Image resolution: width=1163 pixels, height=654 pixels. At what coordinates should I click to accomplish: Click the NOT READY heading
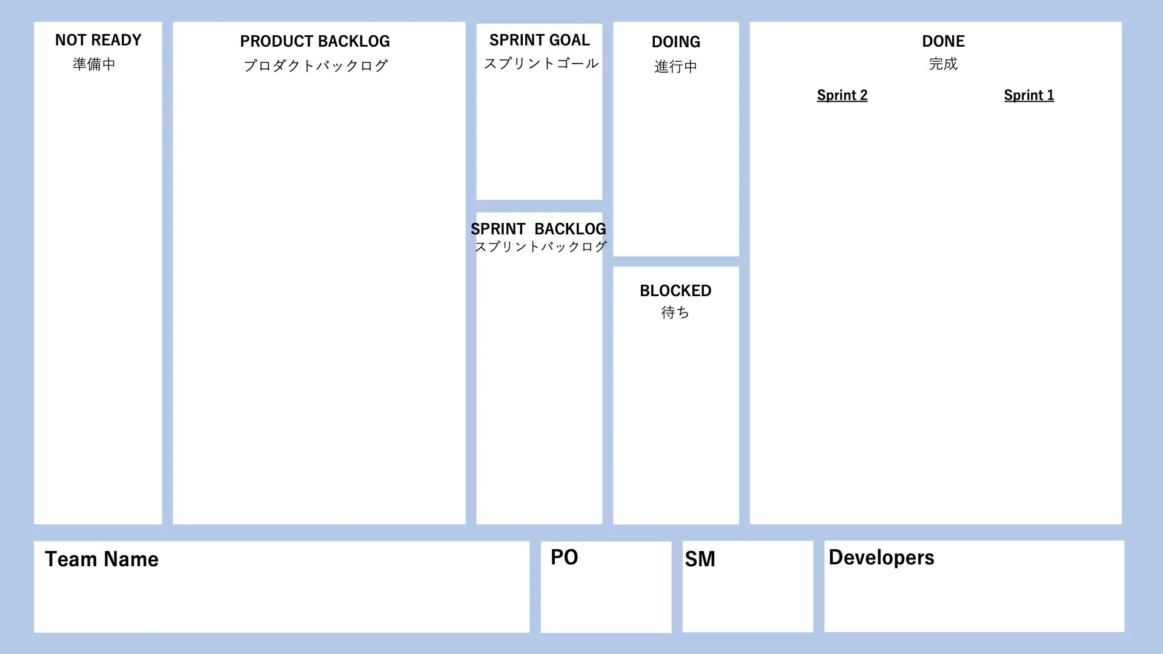[x=98, y=40]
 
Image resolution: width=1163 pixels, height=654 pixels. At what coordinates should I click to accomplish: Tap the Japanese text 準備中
[x=94, y=64]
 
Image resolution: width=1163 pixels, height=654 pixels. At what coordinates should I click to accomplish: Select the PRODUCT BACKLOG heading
[x=315, y=41]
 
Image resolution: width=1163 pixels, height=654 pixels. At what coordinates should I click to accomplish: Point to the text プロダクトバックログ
[x=316, y=65]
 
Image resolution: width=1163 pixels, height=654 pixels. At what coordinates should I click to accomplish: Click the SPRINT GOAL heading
[x=539, y=40]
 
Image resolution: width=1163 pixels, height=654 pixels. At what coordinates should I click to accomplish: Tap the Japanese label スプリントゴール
[x=541, y=64]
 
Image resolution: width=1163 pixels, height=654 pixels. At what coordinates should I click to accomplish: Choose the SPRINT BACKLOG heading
[x=538, y=229]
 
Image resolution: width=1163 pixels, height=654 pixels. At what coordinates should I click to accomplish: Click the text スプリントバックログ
[x=540, y=246]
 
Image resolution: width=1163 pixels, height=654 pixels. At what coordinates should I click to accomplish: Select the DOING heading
[x=676, y=42]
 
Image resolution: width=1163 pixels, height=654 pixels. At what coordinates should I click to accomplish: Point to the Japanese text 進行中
[x=676, y=67]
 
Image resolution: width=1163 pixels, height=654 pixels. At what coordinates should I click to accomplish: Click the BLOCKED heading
[x=675, y=291]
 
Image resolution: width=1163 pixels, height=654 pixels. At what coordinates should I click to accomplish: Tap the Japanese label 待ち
[x=675, y=312]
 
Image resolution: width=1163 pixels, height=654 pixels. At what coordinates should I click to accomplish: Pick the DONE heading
[x=943, y=41]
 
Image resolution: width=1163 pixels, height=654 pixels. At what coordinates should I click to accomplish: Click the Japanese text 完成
[x=943, y=64]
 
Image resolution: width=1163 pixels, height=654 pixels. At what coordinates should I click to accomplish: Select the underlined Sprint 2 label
[x=842, y=95]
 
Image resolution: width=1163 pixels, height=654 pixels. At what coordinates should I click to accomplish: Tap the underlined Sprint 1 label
[x=1029, y=95]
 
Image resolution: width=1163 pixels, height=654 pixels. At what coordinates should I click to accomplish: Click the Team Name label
[x=102, y=559]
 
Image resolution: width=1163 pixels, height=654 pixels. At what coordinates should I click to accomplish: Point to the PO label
[x=565, y=557]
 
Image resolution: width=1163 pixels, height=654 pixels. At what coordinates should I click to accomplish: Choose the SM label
[x=700, y=559]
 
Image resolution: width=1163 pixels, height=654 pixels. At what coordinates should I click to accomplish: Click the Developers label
[x=881, y=557]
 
